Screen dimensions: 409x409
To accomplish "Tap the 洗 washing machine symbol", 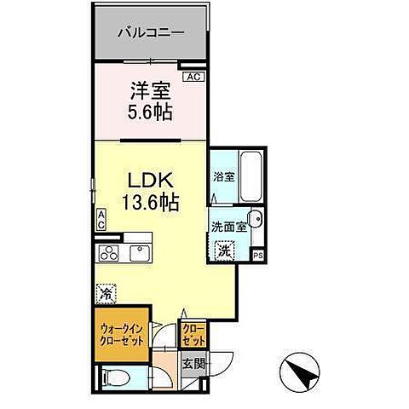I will (224, 251).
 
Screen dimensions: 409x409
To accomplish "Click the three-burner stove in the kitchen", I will (112, 252).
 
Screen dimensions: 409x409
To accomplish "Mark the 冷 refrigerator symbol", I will (105, 291).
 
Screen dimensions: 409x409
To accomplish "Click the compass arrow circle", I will (297, 372).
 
